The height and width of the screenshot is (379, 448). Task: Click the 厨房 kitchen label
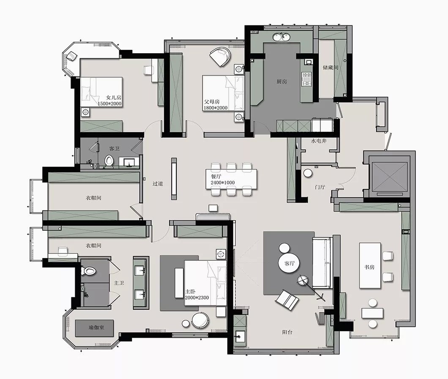tap(281, 82)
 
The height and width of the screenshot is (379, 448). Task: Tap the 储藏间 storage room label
tap(331, 68)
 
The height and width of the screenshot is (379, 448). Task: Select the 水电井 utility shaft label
tap(319, 141)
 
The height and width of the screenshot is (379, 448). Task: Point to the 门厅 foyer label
tap(320, 187)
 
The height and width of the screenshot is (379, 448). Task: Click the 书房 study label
tap(369, 267)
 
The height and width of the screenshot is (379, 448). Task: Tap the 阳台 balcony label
tap(287, 332)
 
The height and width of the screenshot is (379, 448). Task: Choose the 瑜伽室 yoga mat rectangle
tap(95, 328)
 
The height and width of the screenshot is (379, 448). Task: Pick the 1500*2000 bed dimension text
tap(110, 104)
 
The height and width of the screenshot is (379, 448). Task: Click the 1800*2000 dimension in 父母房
tap(216, 108)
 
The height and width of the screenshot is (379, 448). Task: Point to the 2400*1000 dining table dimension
tap(223, 183)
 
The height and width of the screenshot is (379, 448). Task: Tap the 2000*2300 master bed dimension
tap(197, 297)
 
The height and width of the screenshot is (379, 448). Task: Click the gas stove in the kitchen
tap(307, 79)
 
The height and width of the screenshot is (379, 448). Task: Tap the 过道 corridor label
tap(158, 184)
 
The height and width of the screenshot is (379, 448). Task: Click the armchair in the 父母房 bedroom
tap(220, 57)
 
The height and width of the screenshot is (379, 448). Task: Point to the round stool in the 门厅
tap(308, 173)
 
